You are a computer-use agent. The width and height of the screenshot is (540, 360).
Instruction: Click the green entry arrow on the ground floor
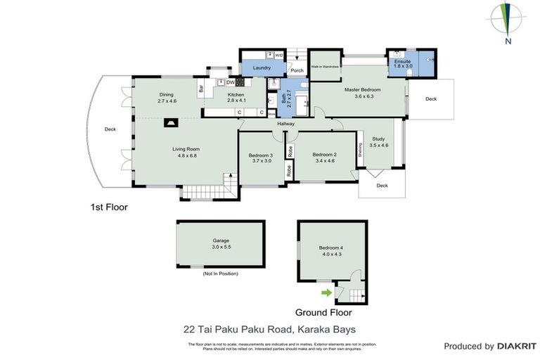click(326, 292)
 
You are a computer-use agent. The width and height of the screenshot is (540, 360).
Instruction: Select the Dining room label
click(166, 95)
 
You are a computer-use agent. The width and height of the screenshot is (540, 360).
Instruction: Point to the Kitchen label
click(235, 95)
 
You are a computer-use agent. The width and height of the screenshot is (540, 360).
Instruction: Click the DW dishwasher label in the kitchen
click(230, 82)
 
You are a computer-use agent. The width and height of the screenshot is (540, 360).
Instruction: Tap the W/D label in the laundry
click(279, 55)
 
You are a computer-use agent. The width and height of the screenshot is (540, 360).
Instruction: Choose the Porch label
click(297, 70)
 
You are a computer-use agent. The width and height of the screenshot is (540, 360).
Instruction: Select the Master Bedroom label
click(362, 90)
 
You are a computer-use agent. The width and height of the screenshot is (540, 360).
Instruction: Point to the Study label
click(378, 139)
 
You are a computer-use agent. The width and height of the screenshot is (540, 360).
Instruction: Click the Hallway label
click(285, 124)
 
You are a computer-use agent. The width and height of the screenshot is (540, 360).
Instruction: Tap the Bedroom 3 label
click(261, 155)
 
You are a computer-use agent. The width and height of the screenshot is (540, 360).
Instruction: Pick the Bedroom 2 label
click(325, 155)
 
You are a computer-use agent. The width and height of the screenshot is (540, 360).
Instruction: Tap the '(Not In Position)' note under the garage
click(220, 273)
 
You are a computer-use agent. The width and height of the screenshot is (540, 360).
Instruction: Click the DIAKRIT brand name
click(517, 347)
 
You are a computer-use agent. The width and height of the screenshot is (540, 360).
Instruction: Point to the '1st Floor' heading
click(109, 207)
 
